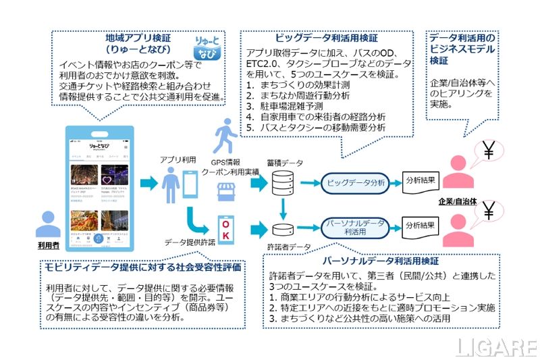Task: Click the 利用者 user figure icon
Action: point(48,227)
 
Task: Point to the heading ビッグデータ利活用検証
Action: point(327,38)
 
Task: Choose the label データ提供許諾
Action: point(191,242)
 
